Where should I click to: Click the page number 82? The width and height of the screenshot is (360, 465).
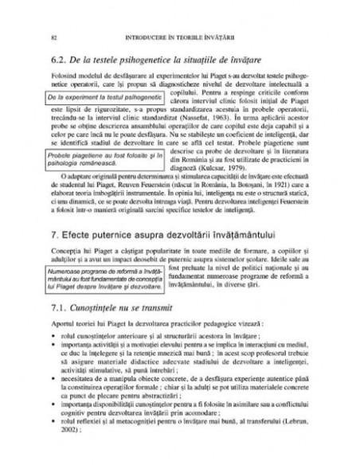52,37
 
